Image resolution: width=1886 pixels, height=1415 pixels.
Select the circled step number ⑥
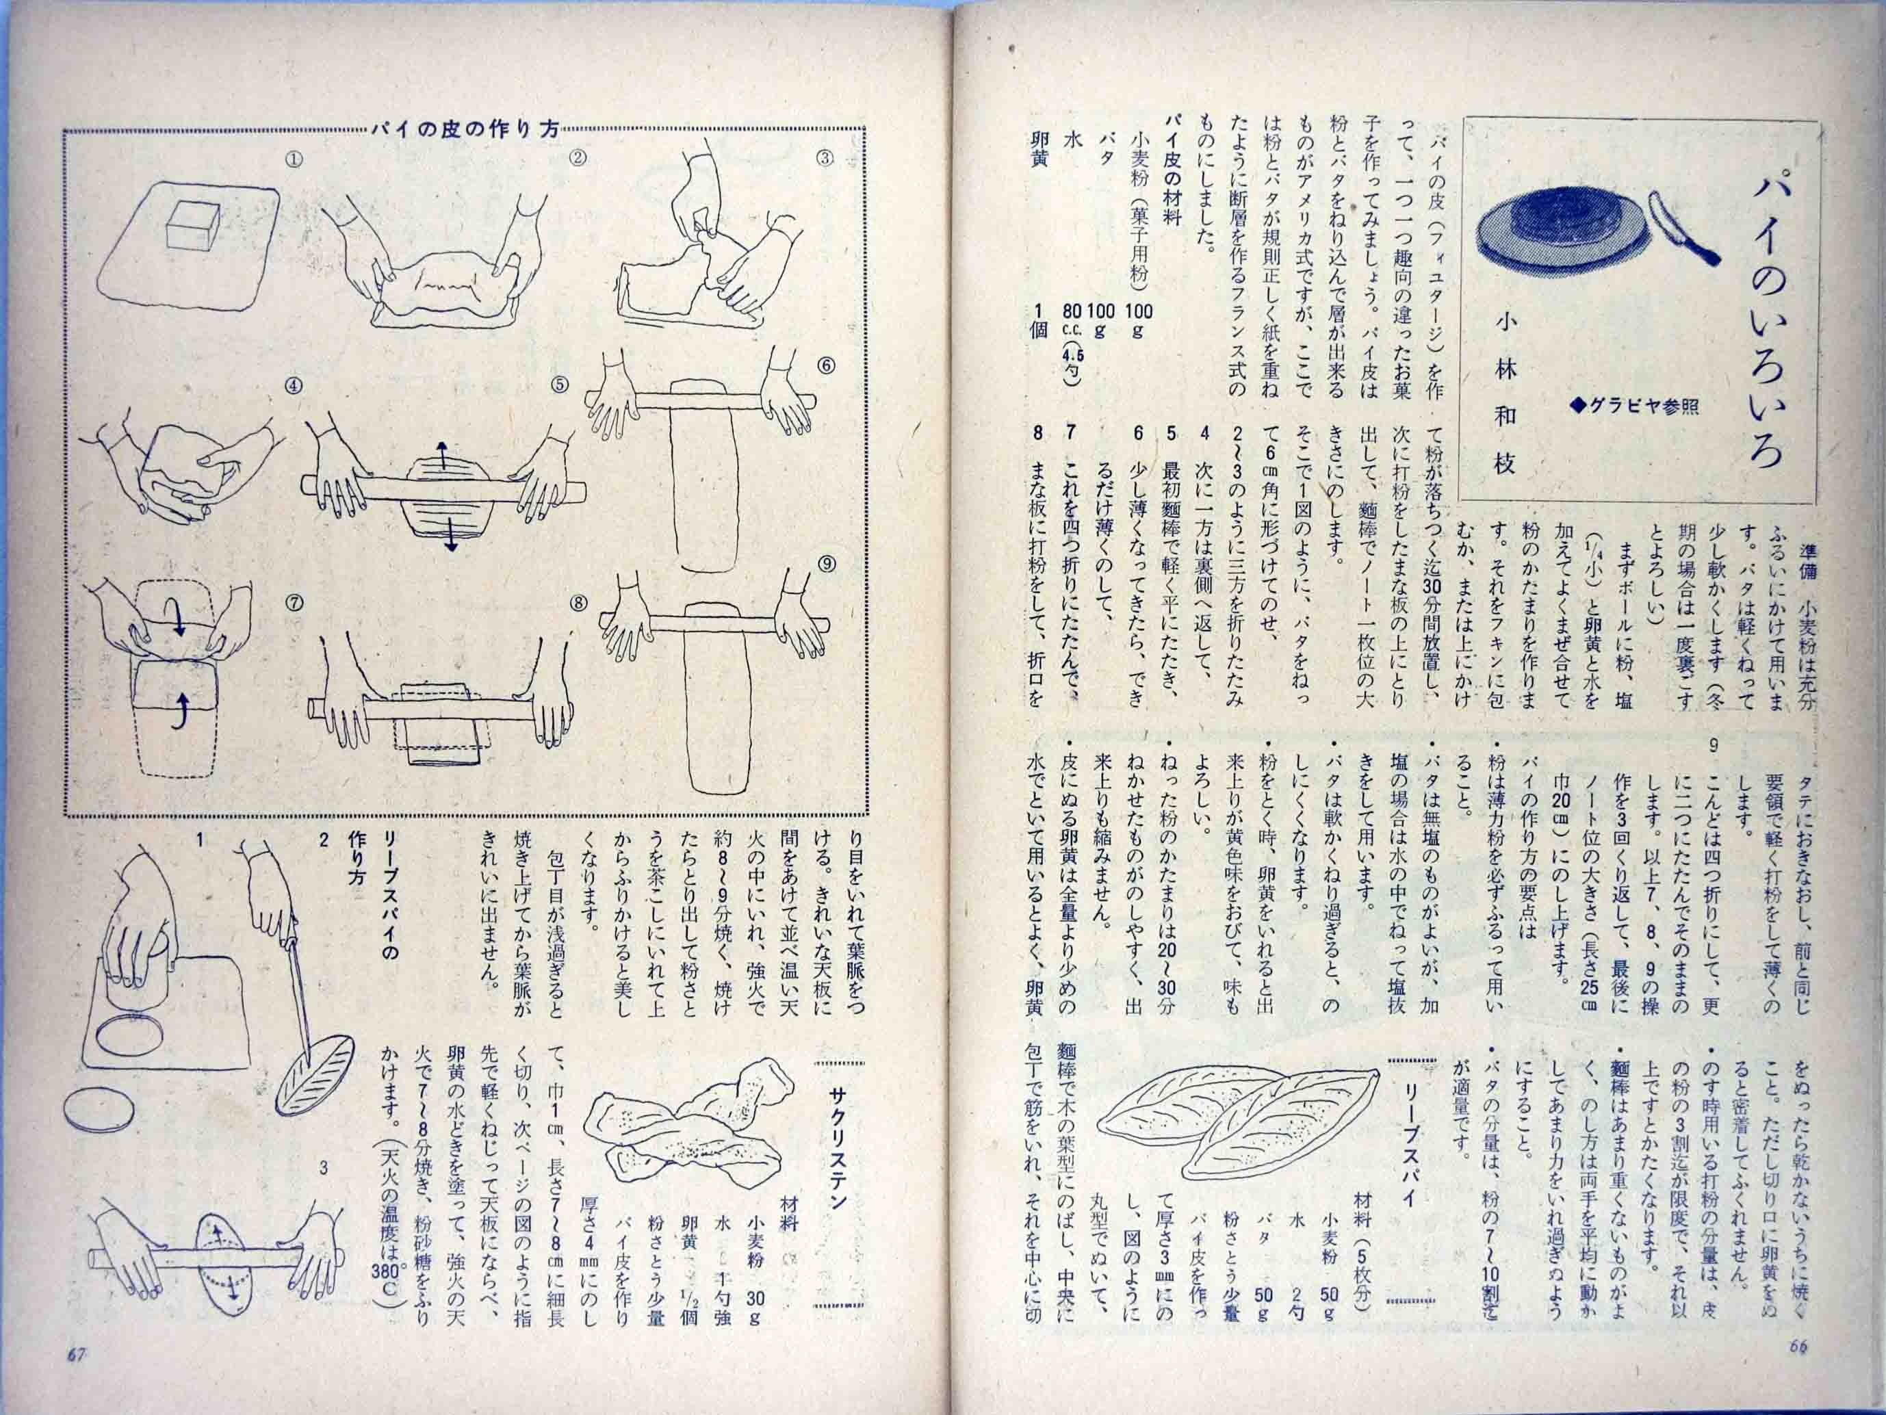(x=825, y=365)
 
